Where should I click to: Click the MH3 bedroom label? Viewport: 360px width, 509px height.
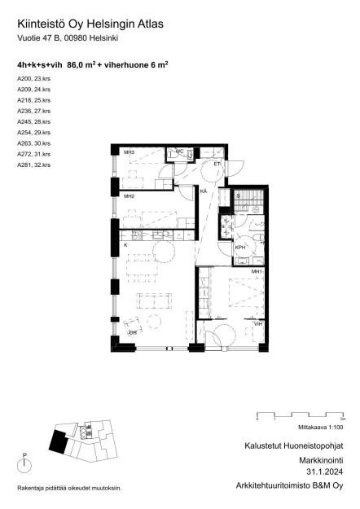pyautogui.click(x=129, y=152)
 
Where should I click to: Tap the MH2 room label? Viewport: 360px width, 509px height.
pyautogui.click(x=129, y=197)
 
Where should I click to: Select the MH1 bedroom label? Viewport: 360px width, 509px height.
pyautogui.click(x=257, y=271)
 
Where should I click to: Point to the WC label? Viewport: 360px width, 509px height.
pyautogui.click(x=179, y=151)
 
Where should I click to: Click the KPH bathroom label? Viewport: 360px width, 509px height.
pyautogui.click(x=240, y=248)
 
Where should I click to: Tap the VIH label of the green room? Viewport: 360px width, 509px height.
pyautogui.click(x=258, y=323)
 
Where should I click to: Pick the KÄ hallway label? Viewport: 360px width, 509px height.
pyautogui.click(x=204, y=191)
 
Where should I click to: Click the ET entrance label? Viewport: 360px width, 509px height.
pyautogui.click(x=217, y=165)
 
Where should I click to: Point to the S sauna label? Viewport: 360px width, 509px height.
pyautogui.click(x=239, y=196)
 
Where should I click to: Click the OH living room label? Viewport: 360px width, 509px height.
pyautogui.click(x=133, y=332)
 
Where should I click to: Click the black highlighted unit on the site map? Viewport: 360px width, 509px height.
pyautogui.click(x=59, y=442)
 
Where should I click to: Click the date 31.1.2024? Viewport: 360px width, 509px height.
pyautogui.click(x=324, y=472)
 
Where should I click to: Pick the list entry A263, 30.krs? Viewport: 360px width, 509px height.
pyautogui.click(x=33, y=143)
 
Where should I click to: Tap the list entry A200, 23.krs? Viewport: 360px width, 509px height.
pyautogui.click(x=33, y=78)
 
